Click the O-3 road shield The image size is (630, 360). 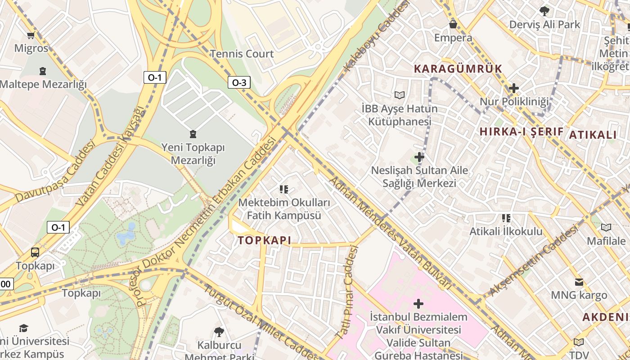[x=239, y=82]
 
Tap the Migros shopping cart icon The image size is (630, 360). [x=31, y=35]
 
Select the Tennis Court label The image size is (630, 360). [x=242, y=54]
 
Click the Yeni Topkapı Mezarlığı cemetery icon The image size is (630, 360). [x=193, y=134]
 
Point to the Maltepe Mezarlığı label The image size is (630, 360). [x=43, y=84]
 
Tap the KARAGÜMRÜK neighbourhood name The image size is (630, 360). [x=458, y=69]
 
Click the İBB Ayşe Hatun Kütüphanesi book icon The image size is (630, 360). [x=400, y=95]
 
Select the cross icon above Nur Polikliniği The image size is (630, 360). [x=513, y=88]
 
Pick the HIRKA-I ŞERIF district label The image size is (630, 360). [x=521, y=131]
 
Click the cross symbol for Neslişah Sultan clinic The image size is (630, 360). [x=419, y=157]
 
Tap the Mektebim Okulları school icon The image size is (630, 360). [x=284, y=189]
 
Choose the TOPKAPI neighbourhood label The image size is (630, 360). [x=265, y=240]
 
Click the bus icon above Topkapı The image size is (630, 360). [x=35, y=252]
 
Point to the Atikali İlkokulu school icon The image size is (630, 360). [x=506, y=218]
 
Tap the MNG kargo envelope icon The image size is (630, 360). [x=579, y=282]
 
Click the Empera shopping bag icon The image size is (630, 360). [x=453, y=24]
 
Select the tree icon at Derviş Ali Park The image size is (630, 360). [x=544, y=11]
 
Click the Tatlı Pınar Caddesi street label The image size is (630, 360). [x=346, y=292]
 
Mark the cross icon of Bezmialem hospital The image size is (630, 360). [x=418, y=304]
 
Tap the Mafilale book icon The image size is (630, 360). [x=606, y=228]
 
